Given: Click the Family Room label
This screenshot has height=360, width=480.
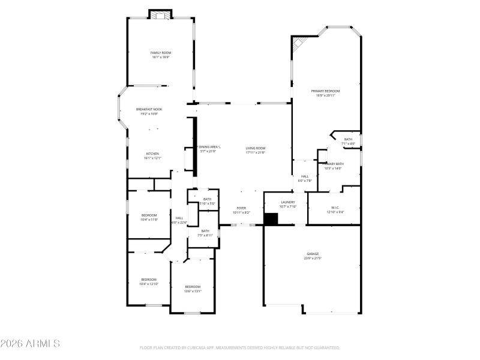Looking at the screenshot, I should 160,53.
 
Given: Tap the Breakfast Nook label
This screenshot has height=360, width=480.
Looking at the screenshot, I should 149,109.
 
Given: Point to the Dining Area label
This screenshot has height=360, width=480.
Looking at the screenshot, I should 210,147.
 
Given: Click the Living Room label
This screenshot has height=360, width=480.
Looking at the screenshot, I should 256,148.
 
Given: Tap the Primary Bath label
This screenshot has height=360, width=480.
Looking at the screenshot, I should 334,164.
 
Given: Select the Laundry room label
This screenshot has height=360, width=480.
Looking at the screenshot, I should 288,202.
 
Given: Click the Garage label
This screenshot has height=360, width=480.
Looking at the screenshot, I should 313,254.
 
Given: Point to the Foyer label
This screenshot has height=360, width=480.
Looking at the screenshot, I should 241,208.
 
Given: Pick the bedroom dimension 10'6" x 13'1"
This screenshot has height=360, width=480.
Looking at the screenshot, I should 193,291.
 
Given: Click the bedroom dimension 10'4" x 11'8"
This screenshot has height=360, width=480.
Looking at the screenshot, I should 149,220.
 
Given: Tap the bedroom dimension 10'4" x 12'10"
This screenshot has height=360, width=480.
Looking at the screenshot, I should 148,284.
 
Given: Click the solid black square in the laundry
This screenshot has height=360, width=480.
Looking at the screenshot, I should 271,219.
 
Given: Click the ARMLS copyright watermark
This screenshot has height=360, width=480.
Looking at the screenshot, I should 30,344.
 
